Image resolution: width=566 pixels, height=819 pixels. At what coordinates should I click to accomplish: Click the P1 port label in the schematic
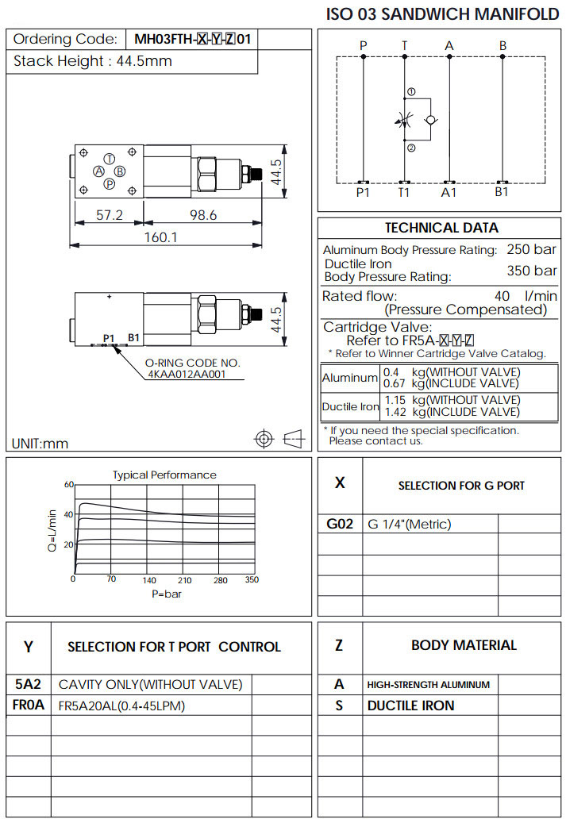click(363, 192)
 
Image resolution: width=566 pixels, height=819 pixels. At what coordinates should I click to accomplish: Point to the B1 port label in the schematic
click(502, 192)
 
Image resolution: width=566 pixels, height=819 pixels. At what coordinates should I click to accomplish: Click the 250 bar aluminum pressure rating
click(532, 250)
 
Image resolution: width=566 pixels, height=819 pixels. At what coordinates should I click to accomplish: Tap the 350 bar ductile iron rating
click(532, 271)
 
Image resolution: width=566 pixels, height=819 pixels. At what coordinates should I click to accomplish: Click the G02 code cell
click(340, 524)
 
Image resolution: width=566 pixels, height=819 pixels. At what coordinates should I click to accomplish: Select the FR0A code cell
click(29, 706)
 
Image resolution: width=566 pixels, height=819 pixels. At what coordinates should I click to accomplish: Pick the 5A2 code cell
click(29, 685)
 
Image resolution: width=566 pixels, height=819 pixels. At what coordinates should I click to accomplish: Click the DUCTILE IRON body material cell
click(410, 706)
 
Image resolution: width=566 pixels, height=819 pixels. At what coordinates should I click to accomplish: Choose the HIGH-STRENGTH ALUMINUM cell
click(428, 685)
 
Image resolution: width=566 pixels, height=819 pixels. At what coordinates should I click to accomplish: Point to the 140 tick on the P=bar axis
click(149, 580)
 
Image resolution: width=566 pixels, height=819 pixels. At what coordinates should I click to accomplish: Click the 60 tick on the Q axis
click(68, 484)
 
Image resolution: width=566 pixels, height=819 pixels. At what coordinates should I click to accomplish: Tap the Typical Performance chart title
click(164, 475)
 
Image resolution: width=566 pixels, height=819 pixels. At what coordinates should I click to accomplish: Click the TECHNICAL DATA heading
click(441, 228)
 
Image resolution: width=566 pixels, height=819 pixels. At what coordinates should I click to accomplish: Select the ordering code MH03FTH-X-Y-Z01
click(194, 39)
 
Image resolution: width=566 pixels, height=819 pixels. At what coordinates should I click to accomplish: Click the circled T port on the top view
click(109, 159)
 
